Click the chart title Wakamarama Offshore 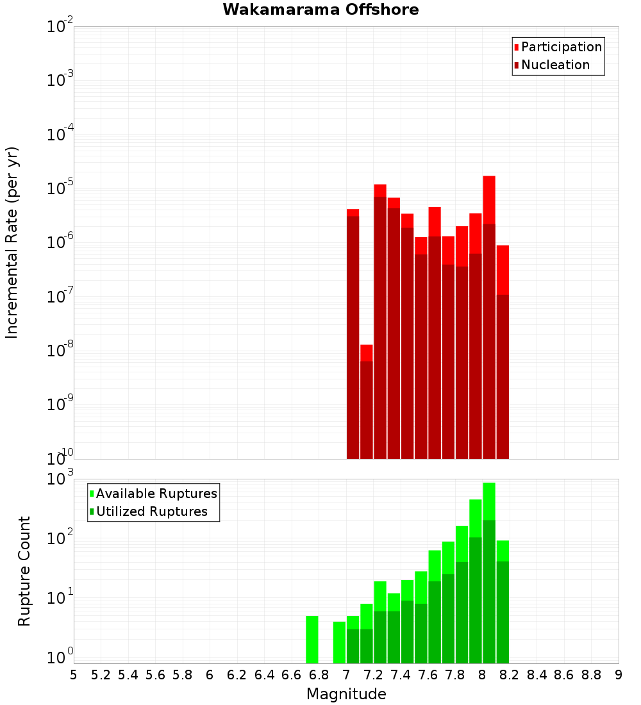pyautogui.click(x=320, y=10)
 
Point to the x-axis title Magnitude pyautogui.click(x=346, y=694)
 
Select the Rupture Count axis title pyautogui.click(x=24, y=571)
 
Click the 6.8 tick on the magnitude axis pyautogui.click(x=319, y=675)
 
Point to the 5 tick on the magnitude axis pyautogui.click(x=74, y=675)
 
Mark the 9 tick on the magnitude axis pyautogui.click(x=619, y=675)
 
